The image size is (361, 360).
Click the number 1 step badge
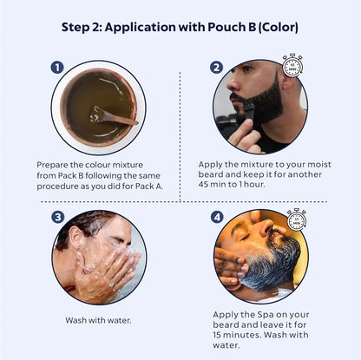57,68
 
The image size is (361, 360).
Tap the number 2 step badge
216,68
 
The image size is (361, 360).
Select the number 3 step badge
58,217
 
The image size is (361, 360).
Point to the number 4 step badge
217,217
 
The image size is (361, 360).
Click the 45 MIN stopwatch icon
292,65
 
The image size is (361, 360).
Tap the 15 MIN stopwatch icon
297,219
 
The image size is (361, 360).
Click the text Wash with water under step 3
98,320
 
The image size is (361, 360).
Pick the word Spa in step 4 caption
266,315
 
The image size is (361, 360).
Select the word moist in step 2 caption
319,164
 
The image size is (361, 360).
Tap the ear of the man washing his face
76,237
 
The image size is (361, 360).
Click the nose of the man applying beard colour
232,84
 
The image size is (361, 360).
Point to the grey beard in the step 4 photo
272,266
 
